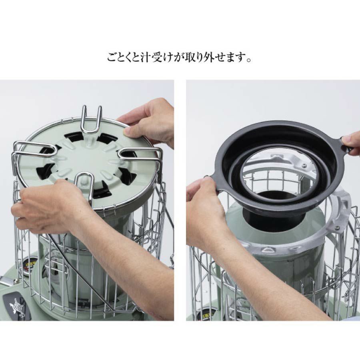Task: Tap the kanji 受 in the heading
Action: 156,58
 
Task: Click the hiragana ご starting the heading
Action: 113,58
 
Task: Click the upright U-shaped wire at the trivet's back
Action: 91,119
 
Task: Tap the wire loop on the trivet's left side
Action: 34,149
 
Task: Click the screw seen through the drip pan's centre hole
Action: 304,165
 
